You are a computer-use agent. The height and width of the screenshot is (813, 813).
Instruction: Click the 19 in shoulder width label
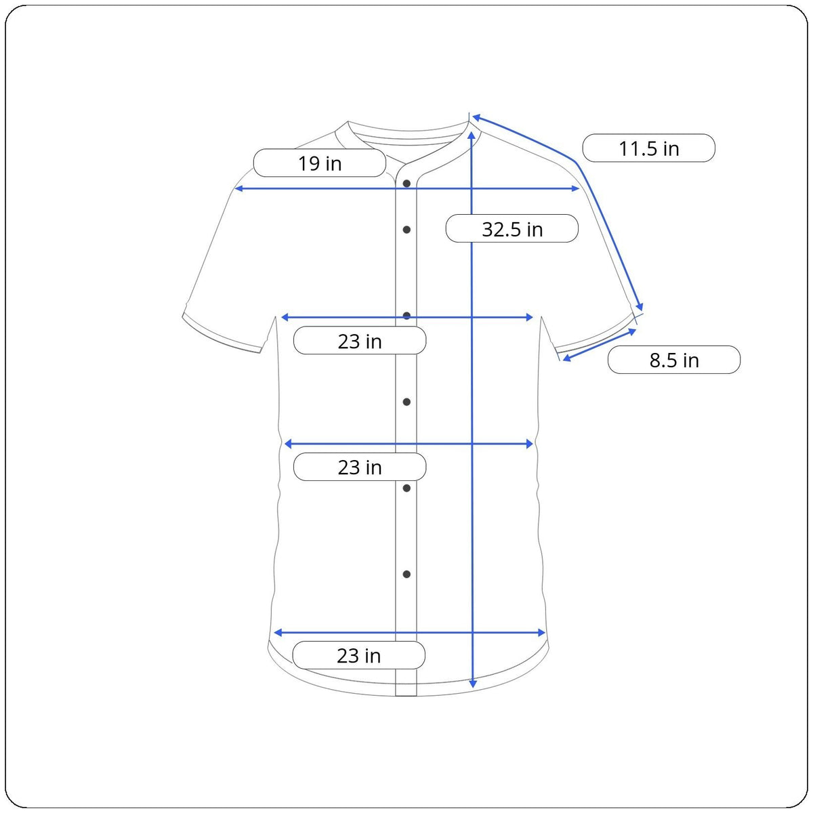(319, 163)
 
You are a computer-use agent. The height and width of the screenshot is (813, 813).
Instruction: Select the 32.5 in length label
(512, 229)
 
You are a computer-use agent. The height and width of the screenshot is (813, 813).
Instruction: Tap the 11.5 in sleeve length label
(648, 148)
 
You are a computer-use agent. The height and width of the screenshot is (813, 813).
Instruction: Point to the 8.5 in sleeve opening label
(673, 360)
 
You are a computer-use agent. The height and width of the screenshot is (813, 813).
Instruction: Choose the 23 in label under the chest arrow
(360, 341)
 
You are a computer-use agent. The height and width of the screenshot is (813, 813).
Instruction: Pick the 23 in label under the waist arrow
(360, 467)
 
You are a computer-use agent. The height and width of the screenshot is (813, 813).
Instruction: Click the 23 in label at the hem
(358, 655)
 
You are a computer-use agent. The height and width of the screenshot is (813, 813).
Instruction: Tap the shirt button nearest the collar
(406, 184)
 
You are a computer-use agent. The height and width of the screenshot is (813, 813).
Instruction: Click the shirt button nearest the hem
(406, 575)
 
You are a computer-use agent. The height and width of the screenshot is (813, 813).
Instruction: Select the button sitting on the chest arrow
(406, 316)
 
